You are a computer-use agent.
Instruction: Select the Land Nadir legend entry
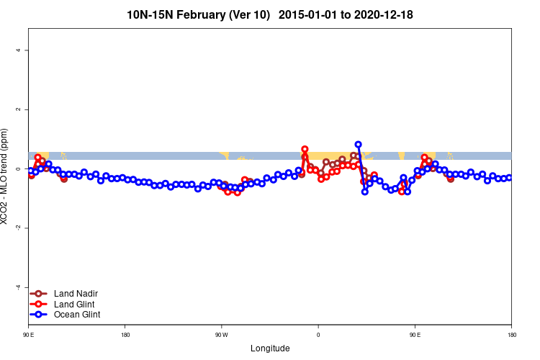point(64,293)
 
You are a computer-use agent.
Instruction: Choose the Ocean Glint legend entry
point(66,315)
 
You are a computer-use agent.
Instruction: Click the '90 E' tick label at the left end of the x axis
point(29,335)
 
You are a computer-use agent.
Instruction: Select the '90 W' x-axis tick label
point(221,335)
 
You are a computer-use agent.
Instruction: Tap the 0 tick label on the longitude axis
point(318,335)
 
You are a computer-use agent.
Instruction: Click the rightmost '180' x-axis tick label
point(511,335)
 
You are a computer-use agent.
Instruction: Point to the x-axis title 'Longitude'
point(270,348)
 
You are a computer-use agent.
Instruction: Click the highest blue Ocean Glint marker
point(358,145)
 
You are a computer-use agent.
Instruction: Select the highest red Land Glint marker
point(305,149)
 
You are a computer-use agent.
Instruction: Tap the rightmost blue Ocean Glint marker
point(509,177)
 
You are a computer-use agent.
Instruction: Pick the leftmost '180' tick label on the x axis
point(125,335)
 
